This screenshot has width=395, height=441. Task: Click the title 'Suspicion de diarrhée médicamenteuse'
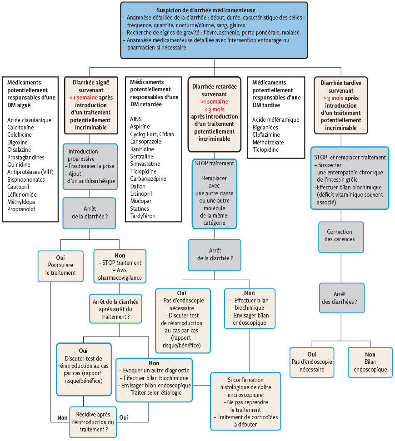tap(206, 10)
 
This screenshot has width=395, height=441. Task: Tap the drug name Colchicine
tap(20, 135)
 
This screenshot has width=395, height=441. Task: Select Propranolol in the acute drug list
tap(21, 209)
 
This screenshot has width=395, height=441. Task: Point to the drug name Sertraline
tap(142, 156)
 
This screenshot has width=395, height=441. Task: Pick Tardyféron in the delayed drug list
tap(143, 216)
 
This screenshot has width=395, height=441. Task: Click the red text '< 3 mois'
tap(214, 109)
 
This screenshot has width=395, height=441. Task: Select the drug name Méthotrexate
tap(268, 142)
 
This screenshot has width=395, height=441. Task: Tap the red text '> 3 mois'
tap(333, 98)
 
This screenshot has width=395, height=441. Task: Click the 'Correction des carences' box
tap(341, 237)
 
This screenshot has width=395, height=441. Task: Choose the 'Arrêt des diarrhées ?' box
tap(342, 298)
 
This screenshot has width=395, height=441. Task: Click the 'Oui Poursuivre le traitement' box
tap(60, 266)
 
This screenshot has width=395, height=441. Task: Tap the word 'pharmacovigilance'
tap(120, 278)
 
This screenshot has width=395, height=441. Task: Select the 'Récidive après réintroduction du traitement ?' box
tap(93, 422)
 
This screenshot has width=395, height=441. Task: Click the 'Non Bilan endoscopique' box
tap(370, 362)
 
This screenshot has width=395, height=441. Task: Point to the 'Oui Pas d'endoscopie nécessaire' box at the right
tap(312, 362)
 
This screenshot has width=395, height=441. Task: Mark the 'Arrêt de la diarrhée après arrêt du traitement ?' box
tap(116, 309)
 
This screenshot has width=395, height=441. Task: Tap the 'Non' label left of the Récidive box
tap(62, 418)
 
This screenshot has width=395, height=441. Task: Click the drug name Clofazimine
tap(266, 135)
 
